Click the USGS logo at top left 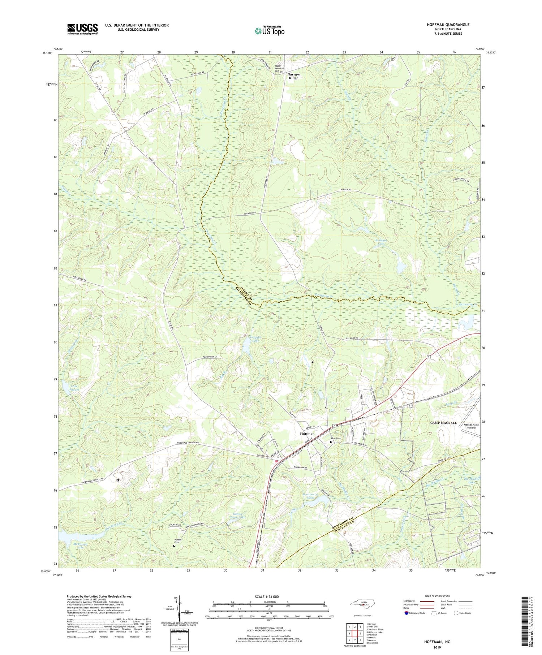click(x=82, y=29)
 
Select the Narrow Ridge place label click(x=293, y=76)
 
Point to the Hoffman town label click(x=307, y=434)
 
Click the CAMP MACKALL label click(x=443, y=423)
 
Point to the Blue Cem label click(x=336, y=438)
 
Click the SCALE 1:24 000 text click(x=269, y=596)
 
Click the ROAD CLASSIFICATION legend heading click(x=437, y=596)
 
